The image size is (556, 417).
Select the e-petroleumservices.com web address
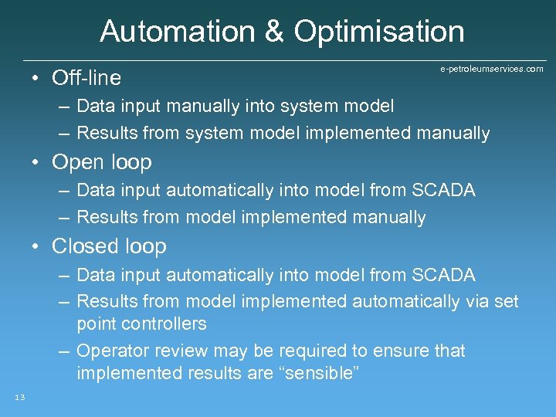pos(492,69)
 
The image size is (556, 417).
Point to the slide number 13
pos(19,397)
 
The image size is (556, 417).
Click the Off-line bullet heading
pos(86,78)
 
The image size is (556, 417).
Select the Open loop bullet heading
pos(101,162)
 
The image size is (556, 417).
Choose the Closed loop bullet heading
pos(109,246)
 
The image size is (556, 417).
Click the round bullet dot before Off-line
pos(36,79)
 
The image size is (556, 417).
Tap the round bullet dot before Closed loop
pos(36,247)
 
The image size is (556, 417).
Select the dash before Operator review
pos(64,351)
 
